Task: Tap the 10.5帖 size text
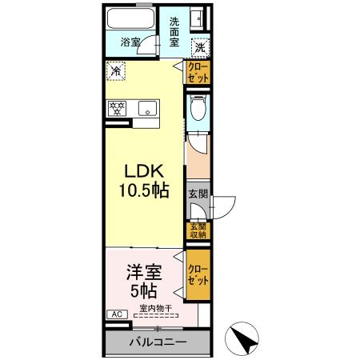tap(144, 192)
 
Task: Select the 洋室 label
tap(144, 272)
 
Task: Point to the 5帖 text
tap(144, 290)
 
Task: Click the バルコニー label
tap(158, 342)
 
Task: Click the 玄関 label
tap(198, 194)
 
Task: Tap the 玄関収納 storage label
tap(198, 231)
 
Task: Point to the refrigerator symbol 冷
tap(116, 71)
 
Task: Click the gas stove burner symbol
tap(117, 108)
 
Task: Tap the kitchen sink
tap(147, 108)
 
